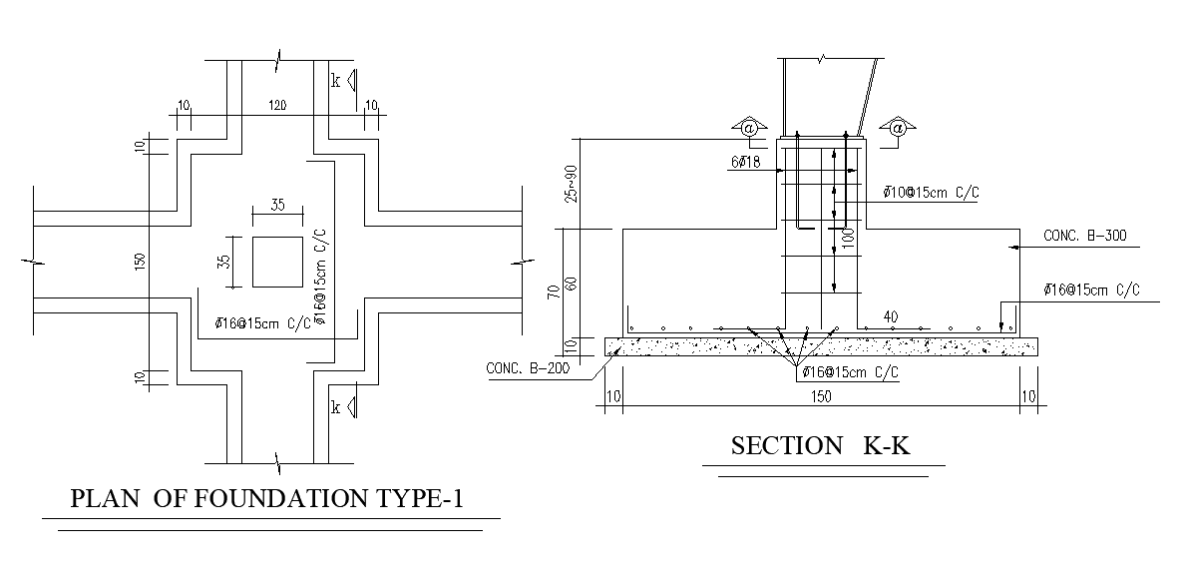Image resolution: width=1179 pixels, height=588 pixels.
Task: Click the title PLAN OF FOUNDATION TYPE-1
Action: [x=267, y=498]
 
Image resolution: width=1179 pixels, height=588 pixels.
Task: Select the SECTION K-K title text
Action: [x=820, y=445]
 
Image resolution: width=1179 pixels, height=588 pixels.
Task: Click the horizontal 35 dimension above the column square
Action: [x=276, y=206]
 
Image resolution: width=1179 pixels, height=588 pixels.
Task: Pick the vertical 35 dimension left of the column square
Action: [x=224, y=263]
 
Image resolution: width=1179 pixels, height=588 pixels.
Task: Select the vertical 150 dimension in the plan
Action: [x=141, y=262]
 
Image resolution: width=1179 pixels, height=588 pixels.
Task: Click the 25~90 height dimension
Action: [x=570, y=185]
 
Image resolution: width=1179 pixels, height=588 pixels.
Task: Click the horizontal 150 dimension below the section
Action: [x=821, y=397]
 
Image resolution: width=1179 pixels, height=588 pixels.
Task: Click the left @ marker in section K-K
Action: [x=747, y=128]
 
